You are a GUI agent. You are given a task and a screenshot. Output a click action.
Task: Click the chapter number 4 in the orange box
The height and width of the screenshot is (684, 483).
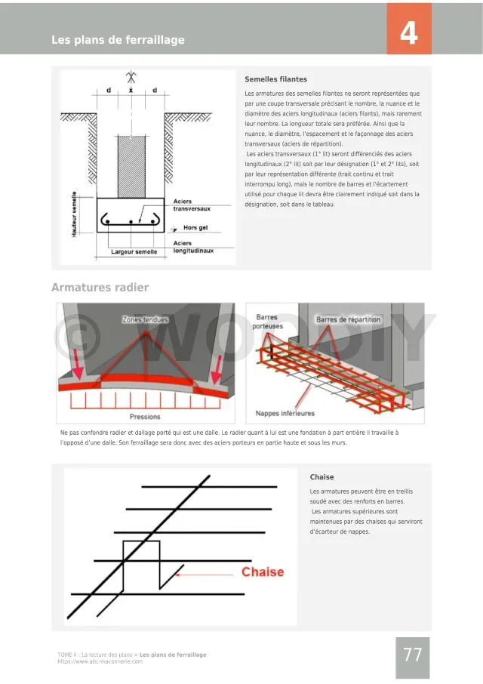tap(408, 34)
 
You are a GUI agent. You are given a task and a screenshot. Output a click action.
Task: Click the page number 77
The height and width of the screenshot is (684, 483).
tap(412, 655)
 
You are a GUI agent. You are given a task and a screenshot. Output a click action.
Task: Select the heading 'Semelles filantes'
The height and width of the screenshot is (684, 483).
tap(275, 79)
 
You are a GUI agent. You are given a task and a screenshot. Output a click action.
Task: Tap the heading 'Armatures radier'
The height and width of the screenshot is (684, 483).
tap(100, 288)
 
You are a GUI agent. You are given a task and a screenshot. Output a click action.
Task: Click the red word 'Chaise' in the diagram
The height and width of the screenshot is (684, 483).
tap(263, 572)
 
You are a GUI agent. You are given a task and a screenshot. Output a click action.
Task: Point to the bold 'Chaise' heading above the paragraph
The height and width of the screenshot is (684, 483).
tap(321, 477)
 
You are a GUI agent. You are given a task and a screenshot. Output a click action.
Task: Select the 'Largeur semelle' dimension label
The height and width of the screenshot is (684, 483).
tap(134, 252)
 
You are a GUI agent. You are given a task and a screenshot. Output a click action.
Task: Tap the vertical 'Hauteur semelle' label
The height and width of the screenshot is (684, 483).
tap(75, 214)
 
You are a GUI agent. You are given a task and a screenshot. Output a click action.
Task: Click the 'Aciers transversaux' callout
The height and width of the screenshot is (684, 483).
tap(192, 205)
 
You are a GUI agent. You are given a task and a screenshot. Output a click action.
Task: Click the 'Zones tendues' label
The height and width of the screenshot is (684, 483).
tap(145, 320)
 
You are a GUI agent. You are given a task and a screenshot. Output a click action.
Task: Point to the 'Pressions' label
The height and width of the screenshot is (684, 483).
tap(145, 416)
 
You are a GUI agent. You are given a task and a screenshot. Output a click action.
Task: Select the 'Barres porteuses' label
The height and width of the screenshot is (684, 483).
tap(269, 322)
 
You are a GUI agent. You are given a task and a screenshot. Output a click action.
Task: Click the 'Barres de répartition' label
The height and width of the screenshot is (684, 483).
tap(348, 320)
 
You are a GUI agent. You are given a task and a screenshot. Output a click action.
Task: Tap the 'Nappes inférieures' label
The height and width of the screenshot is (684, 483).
tap(285, 413)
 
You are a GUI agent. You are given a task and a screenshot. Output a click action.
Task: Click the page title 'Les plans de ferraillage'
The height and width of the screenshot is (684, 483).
tap(118, 40)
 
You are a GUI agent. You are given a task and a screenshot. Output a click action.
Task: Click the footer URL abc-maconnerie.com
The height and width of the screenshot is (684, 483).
tap(100, 661)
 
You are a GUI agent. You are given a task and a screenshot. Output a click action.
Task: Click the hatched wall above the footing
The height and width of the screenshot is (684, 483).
tap(131, 165)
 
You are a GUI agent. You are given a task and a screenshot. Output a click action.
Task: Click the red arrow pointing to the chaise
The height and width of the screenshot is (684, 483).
tap(204, 573)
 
